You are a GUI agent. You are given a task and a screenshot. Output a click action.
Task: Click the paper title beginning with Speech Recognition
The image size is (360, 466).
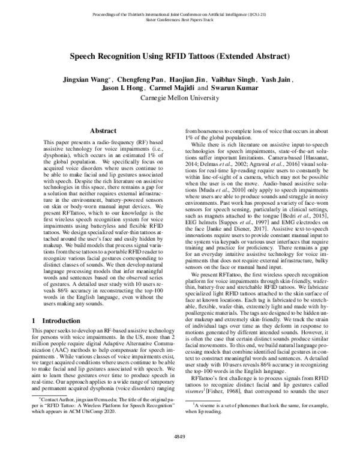point(180,56)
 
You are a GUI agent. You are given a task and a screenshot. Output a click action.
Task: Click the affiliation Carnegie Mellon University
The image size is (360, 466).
point(180,97)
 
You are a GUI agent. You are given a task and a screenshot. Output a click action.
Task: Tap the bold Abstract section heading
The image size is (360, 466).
point(103,130)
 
